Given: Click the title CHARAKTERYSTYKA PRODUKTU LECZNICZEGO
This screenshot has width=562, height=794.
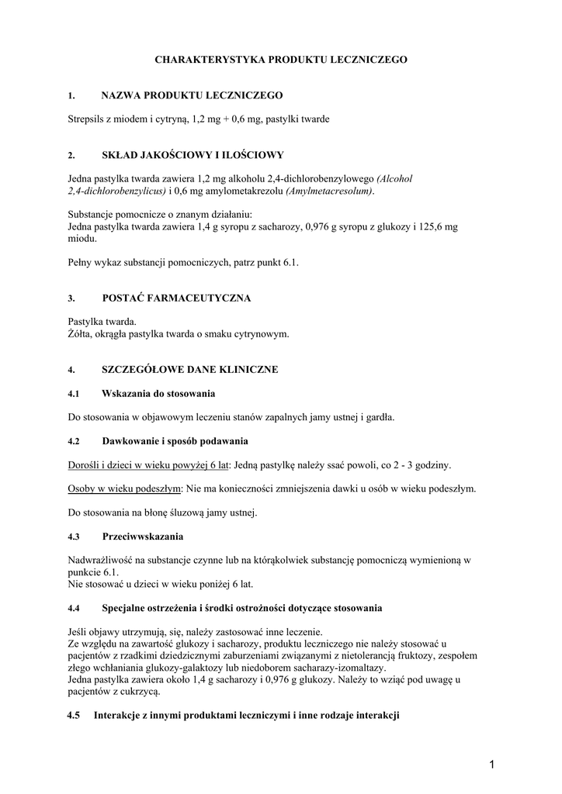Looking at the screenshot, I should coord(280,59).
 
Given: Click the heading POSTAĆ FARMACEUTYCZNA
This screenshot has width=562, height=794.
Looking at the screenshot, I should coord(176,299).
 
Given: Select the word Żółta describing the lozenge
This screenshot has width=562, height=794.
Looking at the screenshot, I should coord(81,334).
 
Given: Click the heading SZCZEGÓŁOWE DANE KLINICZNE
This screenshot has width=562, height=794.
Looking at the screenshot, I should coord(189,370).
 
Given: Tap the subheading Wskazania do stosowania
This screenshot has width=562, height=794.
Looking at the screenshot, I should coord(158,394).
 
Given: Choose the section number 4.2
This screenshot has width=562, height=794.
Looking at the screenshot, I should coord(75,441).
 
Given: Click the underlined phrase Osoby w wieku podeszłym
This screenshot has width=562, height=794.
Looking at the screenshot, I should coord(124,489).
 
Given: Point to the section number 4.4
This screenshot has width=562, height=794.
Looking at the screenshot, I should coord(75,608).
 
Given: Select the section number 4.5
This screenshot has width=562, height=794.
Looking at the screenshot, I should coord(75,716).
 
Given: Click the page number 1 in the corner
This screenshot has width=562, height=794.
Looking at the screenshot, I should coord(492,766).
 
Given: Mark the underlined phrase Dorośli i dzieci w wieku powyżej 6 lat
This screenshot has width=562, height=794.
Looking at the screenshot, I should coord(148,465).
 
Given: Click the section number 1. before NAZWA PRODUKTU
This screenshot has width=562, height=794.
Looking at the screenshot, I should coord(71,96).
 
